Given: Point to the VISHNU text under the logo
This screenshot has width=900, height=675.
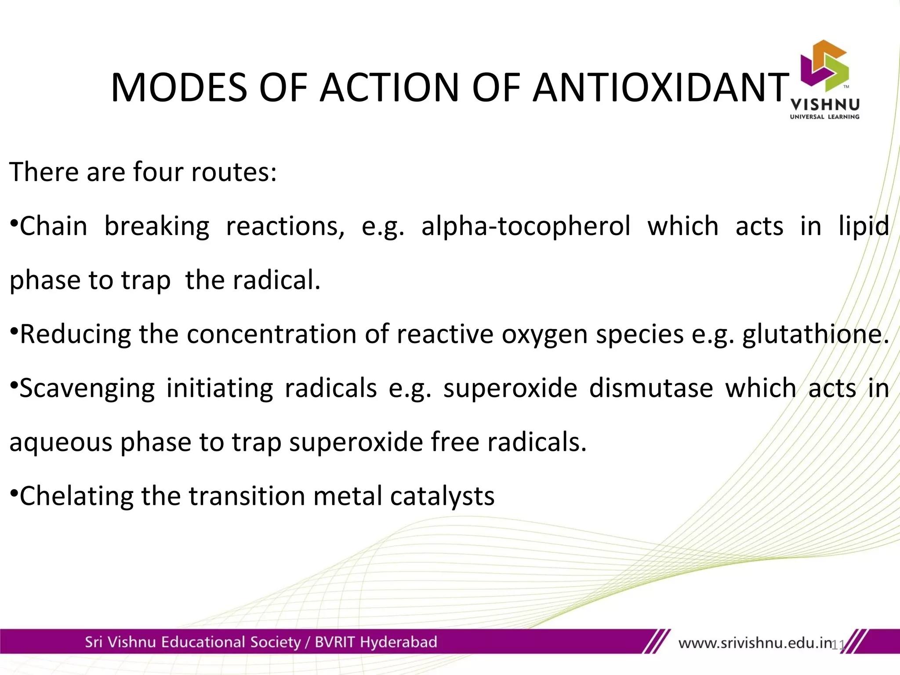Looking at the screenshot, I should pos(824,105).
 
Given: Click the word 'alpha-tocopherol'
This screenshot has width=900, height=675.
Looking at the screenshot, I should pos(526,226).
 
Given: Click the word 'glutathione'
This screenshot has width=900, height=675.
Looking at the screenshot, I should pos(815,334).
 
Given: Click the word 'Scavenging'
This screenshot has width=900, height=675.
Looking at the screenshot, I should pos(87,388).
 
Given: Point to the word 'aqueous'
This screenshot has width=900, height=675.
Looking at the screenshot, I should pos(61,442).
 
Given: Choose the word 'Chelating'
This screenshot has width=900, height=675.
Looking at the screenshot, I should pos(76,496).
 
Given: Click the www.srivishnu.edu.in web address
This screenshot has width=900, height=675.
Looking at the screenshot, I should pos(755,643).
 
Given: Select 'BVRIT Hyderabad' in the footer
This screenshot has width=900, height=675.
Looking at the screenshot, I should pos(376,642).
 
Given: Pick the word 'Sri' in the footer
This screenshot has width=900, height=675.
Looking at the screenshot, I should pos(93,642).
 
